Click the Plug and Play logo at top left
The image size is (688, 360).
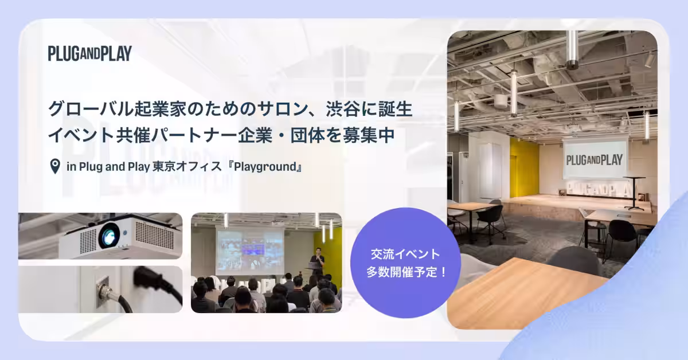[89, 53]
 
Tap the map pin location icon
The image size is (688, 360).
[55, 166]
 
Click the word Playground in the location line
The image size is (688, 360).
[265, 167]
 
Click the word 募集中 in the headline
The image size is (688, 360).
[369, 135]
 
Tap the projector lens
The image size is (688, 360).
[109, 236]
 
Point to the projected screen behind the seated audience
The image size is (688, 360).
[250, 252]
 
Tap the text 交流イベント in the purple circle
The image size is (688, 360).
[405, 255]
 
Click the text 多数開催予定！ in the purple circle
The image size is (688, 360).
[406, 272]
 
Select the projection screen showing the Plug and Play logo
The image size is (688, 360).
[595, 159]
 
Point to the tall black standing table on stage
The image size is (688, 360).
[634, 193]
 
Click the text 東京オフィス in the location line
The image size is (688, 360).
[187, 167]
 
